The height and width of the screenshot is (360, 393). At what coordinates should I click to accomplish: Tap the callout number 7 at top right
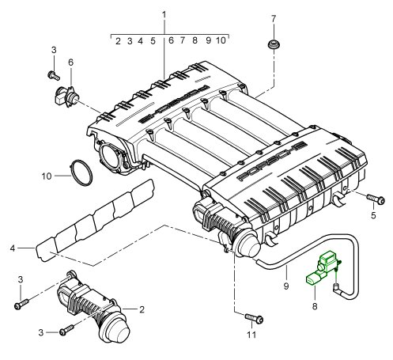[274, 19]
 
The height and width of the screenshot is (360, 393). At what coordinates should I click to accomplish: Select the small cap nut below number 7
[274, 44]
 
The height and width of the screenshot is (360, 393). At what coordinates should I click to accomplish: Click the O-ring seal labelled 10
[81, 172]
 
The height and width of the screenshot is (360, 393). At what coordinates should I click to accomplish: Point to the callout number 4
[13, 248]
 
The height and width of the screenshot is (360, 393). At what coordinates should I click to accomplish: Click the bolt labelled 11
[255, 318]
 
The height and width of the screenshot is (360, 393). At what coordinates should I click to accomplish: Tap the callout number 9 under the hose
[286, 286]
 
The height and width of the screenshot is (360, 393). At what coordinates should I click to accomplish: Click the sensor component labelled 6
[66, 97]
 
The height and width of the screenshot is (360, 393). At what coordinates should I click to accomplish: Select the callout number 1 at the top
[164, 15]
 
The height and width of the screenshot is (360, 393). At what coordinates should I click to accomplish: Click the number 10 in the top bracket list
[221, 40]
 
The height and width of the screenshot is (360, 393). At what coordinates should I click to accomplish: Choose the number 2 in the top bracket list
[118, 41]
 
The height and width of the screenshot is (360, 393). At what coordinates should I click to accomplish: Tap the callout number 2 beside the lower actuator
[142, 309]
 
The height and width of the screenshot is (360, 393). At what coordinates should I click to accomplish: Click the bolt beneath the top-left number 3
[54, 75]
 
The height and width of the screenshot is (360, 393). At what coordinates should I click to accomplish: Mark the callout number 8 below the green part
[315, 306]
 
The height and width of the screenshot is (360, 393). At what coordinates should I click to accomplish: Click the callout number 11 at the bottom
[251, 335]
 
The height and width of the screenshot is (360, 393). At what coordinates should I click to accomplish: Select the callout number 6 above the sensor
[70, 63]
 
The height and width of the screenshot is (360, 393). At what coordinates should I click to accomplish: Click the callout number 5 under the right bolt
[373, 215]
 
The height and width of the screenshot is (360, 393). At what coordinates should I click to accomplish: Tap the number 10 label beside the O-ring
[47, 176]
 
